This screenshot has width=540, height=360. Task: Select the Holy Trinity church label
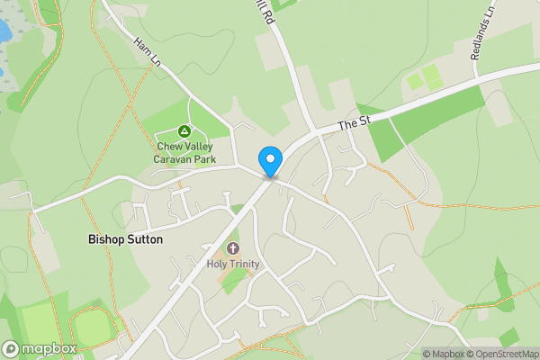click(x=233, y=264)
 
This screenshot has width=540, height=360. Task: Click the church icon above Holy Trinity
click(x=233, y=248)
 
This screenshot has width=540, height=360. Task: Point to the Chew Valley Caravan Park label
click(x=185, y=153)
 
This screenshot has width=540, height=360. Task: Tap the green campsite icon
click(x=185, y=131)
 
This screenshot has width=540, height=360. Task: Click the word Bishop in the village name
click(x=106, y=240)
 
